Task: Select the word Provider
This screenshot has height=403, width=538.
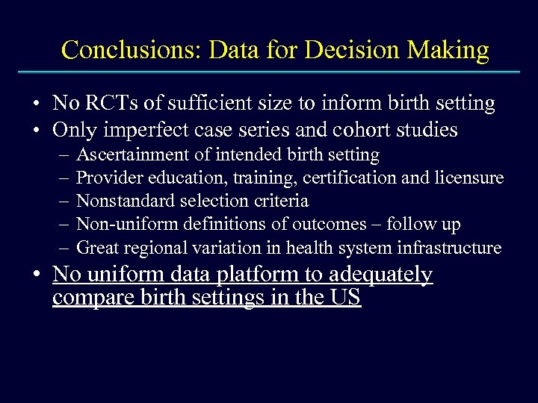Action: click(x=107, y=178)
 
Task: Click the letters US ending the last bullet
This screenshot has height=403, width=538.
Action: click(x=347, y=298)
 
